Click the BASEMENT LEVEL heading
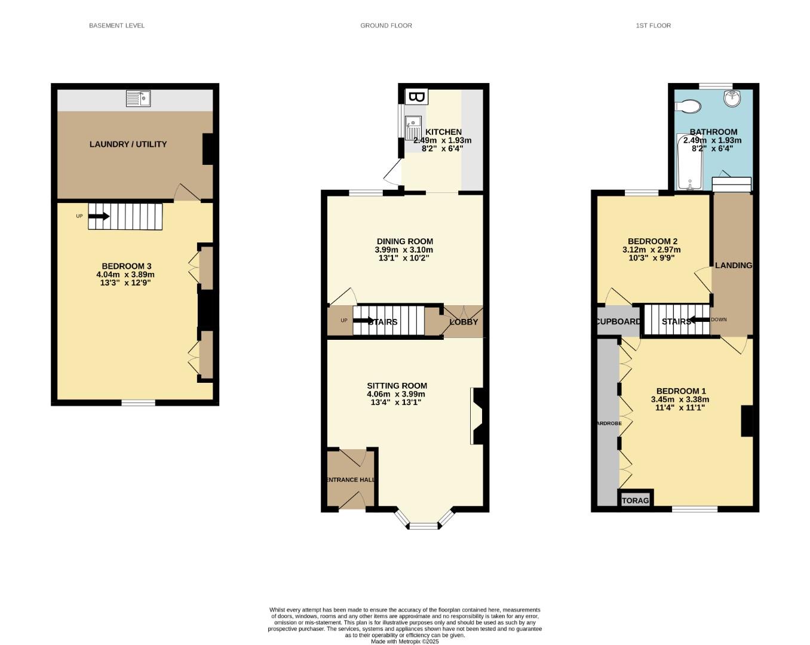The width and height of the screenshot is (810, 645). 116,26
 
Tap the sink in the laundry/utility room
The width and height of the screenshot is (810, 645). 138,99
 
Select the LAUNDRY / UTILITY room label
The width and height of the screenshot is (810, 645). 128,144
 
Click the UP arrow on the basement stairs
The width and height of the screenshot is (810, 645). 99,216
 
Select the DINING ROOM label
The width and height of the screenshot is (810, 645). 404,241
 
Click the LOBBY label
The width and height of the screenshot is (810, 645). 464,322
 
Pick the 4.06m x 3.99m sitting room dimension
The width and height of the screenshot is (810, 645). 396,394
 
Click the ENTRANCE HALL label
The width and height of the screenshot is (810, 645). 351,480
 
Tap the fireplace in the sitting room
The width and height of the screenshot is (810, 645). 478,416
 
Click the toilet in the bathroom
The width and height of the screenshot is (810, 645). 688,106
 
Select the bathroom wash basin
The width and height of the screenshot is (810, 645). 732,98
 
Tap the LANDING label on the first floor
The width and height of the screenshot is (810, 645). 733,265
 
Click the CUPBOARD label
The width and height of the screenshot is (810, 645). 619,321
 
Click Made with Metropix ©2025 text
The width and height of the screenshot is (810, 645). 404,641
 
